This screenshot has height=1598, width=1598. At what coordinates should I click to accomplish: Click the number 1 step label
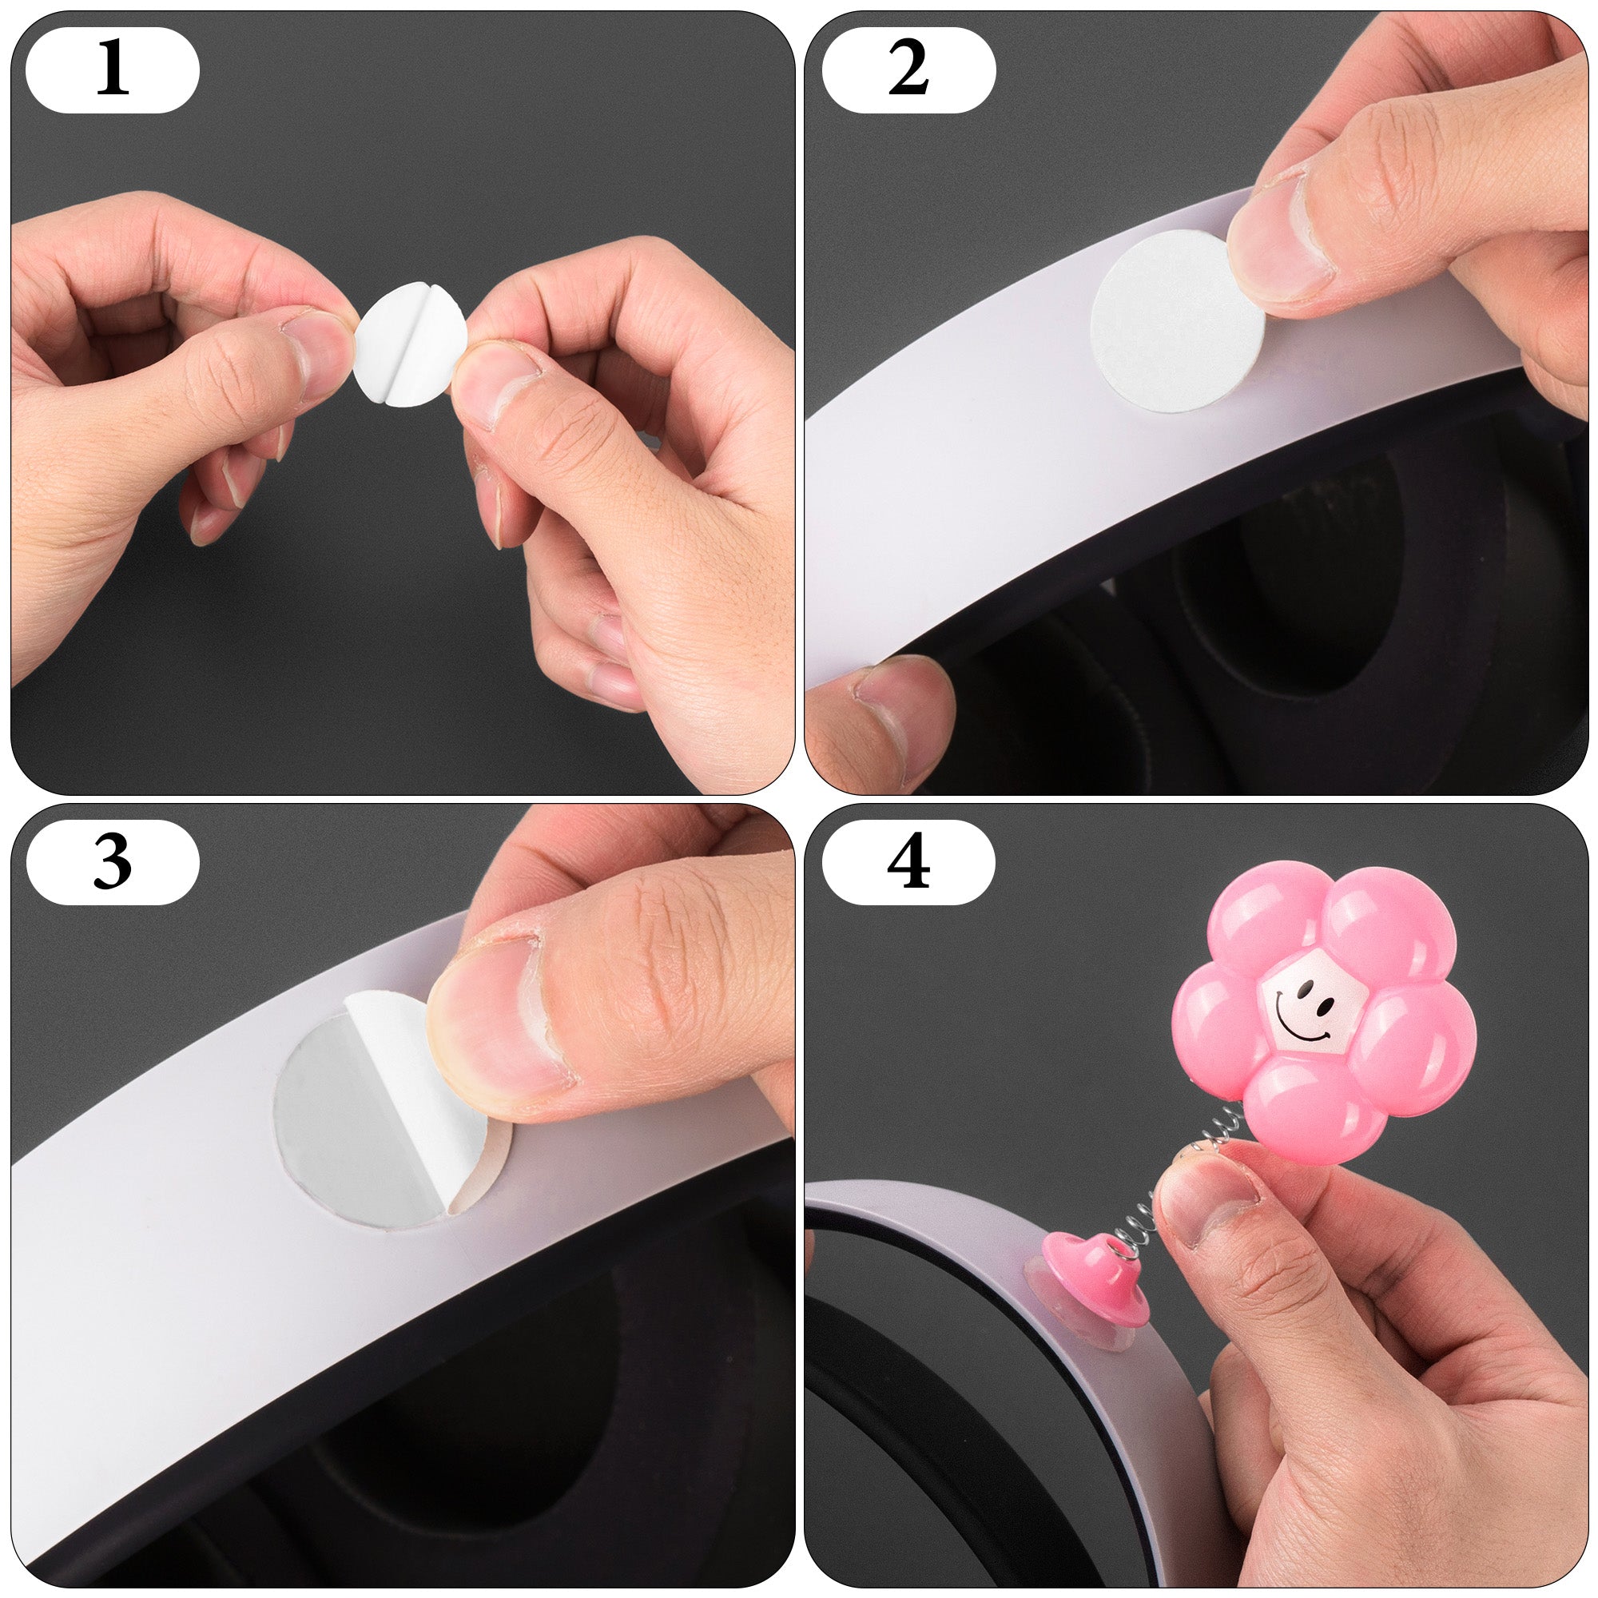point(113,70)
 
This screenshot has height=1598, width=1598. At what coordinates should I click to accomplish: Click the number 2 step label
point(908,70)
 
